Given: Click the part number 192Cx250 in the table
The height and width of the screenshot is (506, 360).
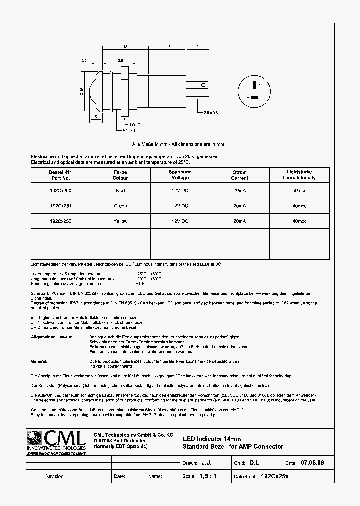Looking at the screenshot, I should (60, 190).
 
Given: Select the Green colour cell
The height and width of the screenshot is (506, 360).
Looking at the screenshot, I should (120, 206).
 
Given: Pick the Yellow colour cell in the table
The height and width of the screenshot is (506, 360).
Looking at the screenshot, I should (120, 221).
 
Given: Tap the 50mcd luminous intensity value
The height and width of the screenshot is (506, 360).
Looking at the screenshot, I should (299, 190).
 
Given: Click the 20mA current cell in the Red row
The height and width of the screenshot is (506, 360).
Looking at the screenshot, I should (239, 190).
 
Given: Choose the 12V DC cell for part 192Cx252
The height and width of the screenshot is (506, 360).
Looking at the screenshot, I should (180, 221).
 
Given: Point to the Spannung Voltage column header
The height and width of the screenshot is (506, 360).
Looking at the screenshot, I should (180, 175).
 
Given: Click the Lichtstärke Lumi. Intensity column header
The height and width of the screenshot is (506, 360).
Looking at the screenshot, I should (299, 175).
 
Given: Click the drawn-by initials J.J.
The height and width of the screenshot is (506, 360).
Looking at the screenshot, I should (207, 463).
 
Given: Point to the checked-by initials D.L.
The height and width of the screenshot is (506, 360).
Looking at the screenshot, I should (255, 463).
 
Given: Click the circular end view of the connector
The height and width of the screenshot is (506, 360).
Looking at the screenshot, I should (255, 91).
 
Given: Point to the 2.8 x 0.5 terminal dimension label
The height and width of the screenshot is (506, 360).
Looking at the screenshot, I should (210, 113).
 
